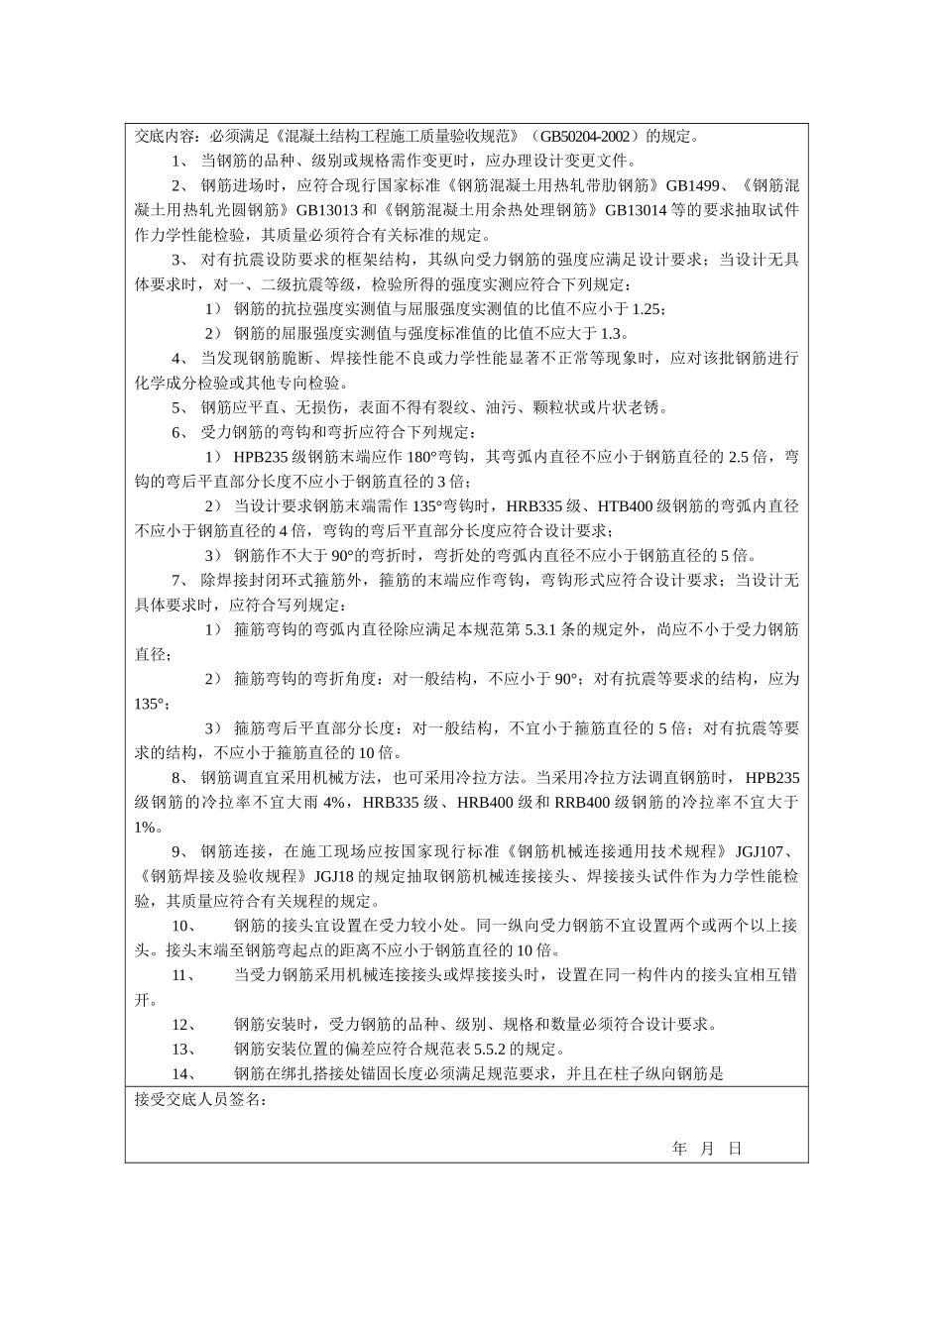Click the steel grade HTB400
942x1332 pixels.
click(x=627, y=506)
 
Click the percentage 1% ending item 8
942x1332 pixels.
click(x=144, y=827)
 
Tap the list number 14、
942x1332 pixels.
click(x=184, y=1073)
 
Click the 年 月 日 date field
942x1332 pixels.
click(x=707, y=1149)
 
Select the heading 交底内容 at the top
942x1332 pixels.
click(x=162, y=136)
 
